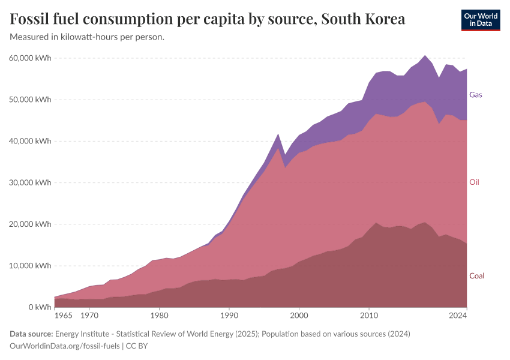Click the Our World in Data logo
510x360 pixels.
[480, 20]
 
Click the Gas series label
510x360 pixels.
[475, 95]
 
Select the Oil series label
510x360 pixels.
[474, 182]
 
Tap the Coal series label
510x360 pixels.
[476, 276]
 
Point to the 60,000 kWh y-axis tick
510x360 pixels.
[31, 58]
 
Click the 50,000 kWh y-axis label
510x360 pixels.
[31, 100]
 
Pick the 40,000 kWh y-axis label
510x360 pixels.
[31, 141]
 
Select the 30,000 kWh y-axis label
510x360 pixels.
[31, 182]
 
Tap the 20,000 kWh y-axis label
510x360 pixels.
[31, 224]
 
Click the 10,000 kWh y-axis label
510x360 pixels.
[31, 266]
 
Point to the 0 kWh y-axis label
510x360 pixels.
[38, 307]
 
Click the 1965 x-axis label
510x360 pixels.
[64, 315]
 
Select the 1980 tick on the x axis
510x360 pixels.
[159, 315]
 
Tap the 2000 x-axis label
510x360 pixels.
[299, 315]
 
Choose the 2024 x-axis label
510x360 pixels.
[458, 315]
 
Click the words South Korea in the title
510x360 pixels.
[363, 19]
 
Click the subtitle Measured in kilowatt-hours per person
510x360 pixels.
[88, 37]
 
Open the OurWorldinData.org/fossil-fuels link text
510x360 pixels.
[65, 346]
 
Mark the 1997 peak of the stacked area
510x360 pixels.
[278, 134]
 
